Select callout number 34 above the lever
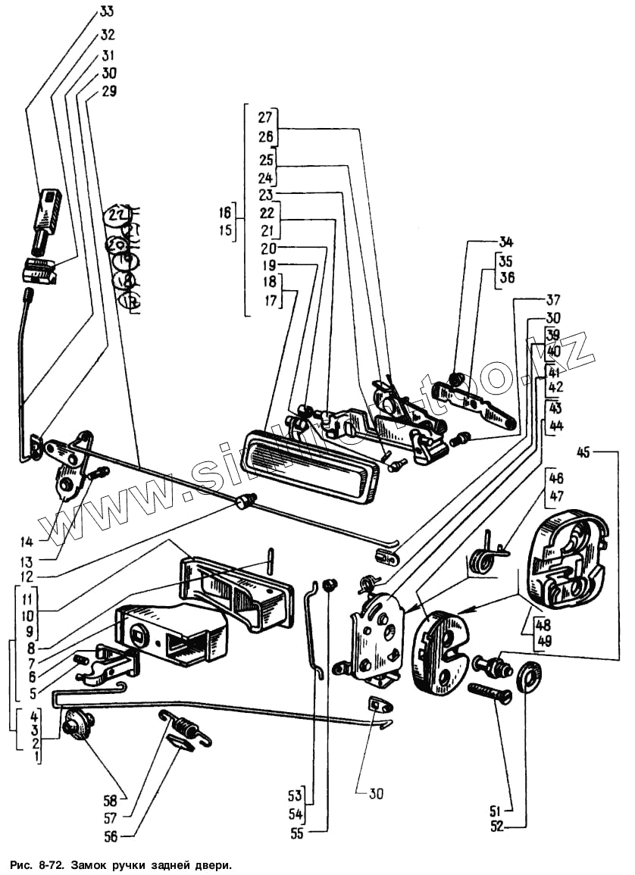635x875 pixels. tap(506, 242)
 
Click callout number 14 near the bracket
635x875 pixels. tap(27, 542)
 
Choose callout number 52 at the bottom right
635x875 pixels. tap(496, 827)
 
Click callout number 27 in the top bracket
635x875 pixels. tap(264, 117)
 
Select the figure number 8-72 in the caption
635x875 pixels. tap(48, 864)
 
